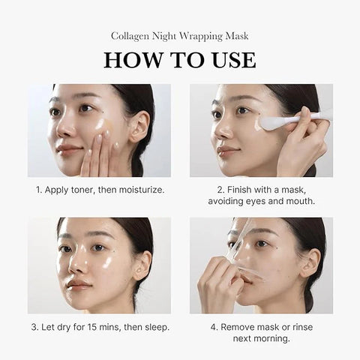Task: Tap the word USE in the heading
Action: tap(229, 60)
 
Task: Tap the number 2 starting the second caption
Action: tap(219, 190)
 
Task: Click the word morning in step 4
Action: tap(274, 337)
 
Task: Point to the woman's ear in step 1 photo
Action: tap(138, 127)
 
